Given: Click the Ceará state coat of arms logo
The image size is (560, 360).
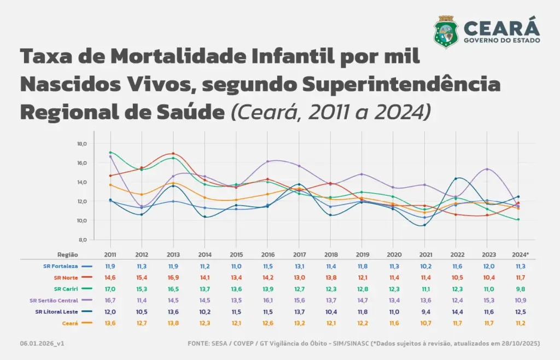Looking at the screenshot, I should [x=446, y=32].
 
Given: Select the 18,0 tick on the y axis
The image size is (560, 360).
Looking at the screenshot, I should [x=83, y=144].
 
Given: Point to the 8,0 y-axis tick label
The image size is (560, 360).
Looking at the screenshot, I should [x=83, y=240].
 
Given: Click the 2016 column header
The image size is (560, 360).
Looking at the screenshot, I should [x=267, y=254].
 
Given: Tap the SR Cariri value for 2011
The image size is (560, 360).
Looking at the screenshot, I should [x=110, y=288].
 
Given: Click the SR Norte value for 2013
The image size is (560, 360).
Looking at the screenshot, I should [x=173, y=277].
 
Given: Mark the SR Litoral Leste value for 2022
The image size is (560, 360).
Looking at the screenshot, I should [x=457, y=311].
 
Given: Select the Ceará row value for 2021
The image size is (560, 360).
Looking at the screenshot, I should [x=425, y=323].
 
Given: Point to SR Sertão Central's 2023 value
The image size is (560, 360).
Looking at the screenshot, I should [x=488, y=300].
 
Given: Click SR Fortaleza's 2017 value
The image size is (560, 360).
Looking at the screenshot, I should [x=299, y=266].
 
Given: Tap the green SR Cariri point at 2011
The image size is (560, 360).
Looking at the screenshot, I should [x=110, y=153].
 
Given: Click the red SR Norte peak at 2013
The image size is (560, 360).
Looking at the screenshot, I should [x=173, y=154].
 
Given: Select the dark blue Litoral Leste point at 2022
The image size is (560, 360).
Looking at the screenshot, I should [x=457, y=178].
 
